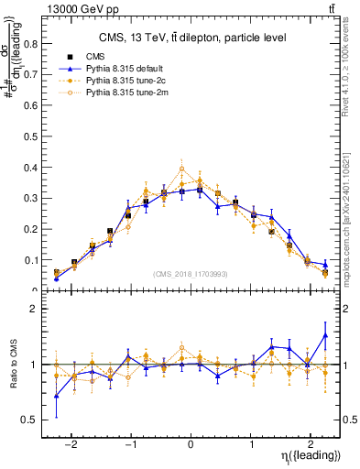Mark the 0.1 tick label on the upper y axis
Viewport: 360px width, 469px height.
pos(35,260)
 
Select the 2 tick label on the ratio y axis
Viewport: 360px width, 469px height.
pos(38,309)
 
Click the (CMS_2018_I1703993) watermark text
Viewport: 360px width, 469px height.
pos(190,273)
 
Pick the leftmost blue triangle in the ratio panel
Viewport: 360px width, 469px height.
pos(57,396)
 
